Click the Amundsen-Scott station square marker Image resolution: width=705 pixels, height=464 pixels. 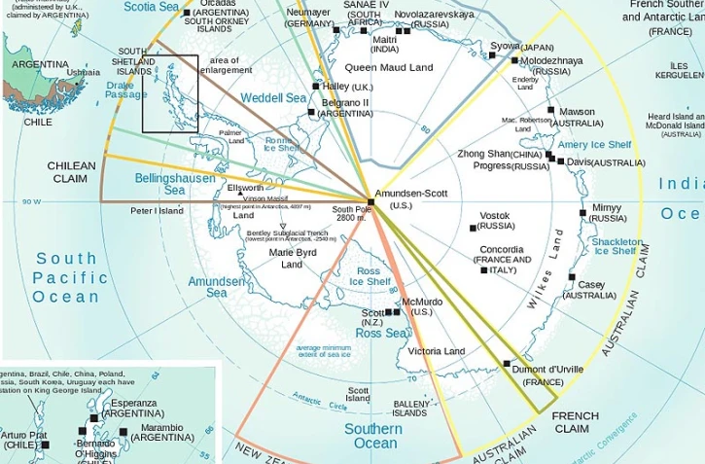[370, 201]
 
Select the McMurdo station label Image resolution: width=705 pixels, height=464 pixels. [422, 302]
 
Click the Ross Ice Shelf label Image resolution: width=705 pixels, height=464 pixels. [370, 276]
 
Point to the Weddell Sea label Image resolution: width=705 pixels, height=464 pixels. [273, 98]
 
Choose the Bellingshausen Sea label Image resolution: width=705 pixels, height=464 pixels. [160, 184]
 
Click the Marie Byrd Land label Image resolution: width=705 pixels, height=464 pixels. [292, 259]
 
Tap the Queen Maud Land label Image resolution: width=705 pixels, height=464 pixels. [389, 68]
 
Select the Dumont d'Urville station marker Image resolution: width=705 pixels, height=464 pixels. [507, 364]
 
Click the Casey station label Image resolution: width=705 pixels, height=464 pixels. [591, 285]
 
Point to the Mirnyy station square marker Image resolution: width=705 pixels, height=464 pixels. [583, 212]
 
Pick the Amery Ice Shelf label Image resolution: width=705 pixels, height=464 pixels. [593, 145]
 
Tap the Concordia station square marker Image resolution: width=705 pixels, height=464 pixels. [484, 270]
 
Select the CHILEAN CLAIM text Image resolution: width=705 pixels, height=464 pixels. [72, 172]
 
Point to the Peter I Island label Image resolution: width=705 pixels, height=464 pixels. [157, 210]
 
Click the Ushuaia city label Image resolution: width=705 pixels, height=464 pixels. [84, 72]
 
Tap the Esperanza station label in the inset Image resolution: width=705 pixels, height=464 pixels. [133, 403]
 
